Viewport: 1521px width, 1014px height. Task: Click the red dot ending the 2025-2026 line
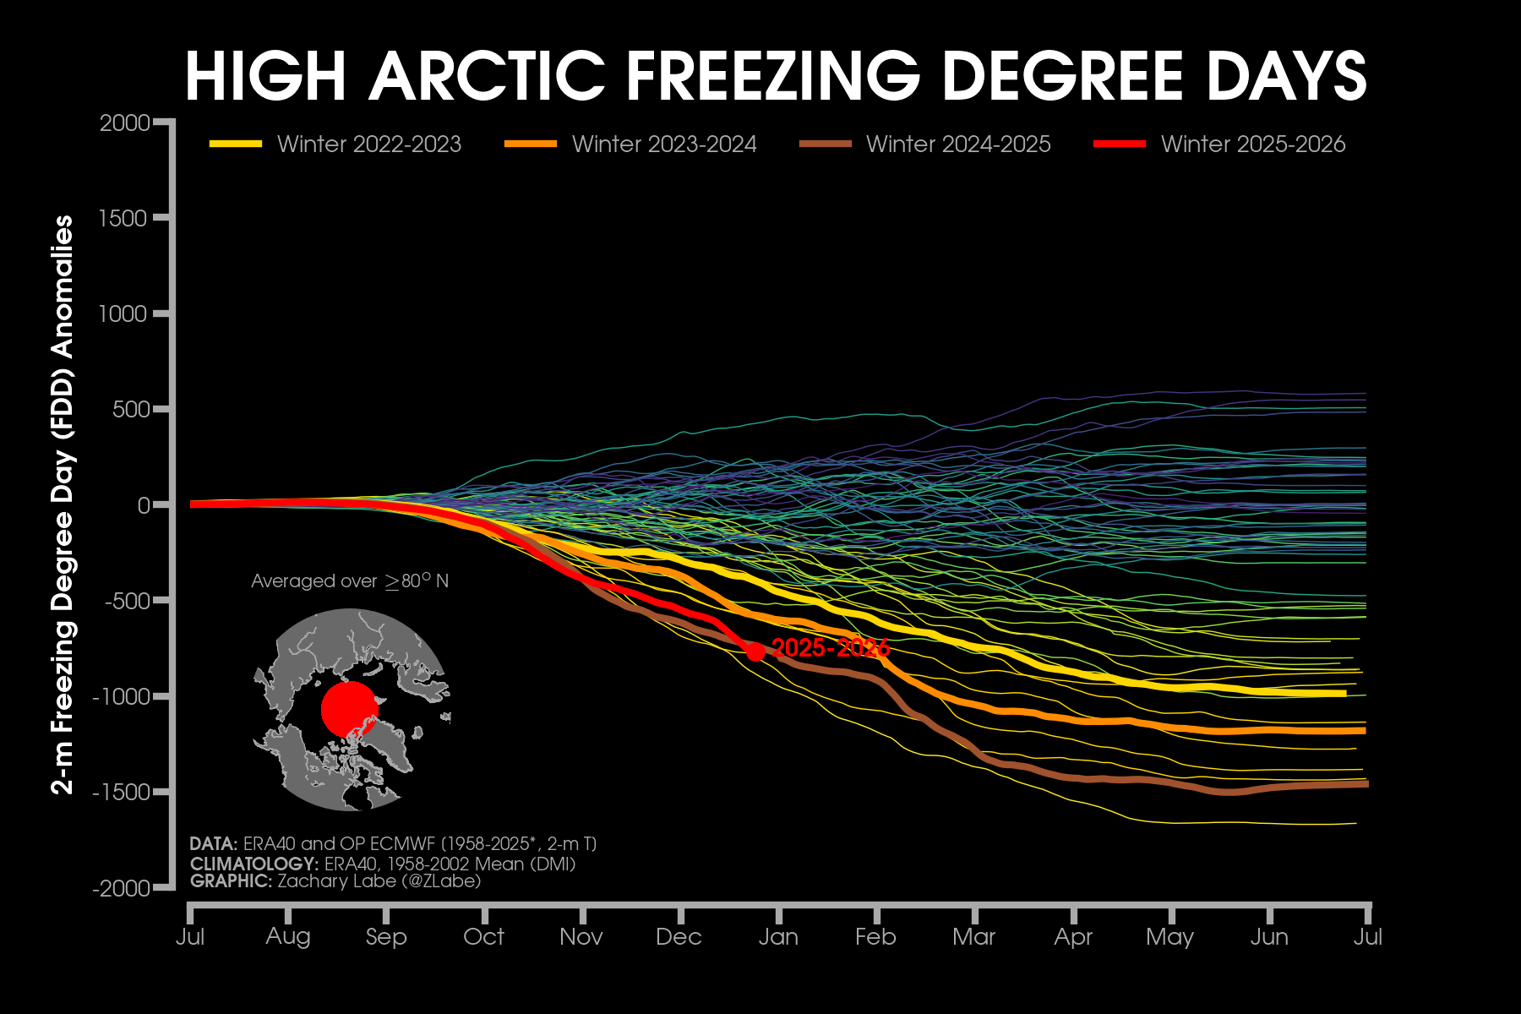tap(755, 651)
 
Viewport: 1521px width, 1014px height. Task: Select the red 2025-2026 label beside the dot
tap(831, 648)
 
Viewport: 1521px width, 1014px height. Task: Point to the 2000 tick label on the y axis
tap(124, 123)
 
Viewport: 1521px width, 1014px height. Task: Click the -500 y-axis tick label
tap(127, 601)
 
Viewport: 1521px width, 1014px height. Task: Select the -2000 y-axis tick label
tap(122, 888)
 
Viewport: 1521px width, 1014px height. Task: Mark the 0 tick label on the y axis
tap(144, 505)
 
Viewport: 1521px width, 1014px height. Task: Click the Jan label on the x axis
tap(778, 937)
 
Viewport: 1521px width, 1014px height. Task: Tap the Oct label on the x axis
tap(483, 937)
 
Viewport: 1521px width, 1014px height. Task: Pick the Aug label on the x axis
tap(288, 937)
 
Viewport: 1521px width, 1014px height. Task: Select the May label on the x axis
tap(1169, 937)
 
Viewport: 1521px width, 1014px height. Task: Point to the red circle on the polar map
tap(348, 709)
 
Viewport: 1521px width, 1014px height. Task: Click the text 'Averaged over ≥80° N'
tap(350, 581)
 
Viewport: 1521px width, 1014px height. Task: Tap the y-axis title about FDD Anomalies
tap(63, 504)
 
